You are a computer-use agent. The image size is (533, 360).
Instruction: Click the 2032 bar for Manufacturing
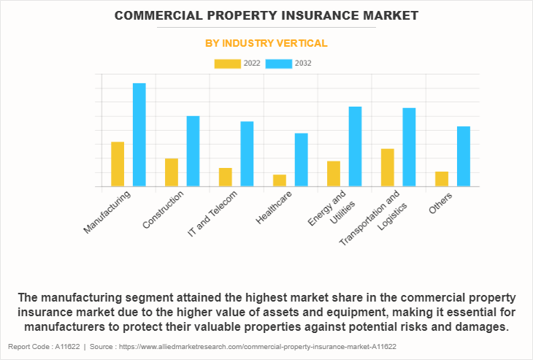[x=139, y=135]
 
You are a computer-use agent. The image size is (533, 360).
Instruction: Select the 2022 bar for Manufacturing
[x=118, y=164]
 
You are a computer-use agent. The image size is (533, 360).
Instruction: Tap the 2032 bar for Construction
[x=193, y=151]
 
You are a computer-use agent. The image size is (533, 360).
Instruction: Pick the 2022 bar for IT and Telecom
[x=226, y=177]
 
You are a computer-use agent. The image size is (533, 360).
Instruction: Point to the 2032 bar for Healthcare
[x=302, y=160]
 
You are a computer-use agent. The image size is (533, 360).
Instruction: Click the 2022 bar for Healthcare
[x=280, y=180]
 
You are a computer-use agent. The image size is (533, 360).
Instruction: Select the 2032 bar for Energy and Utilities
[x=356, y=147]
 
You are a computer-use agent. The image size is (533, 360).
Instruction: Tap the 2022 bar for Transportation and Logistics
[x=388, y=168]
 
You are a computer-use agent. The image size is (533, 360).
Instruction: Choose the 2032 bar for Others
[x=464, y=156]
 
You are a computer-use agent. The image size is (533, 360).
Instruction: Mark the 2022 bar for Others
[x=442, y=179]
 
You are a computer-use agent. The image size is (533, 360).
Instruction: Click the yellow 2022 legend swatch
[x=228, y=64]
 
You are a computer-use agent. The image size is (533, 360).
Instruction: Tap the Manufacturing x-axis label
[x=108, y=212]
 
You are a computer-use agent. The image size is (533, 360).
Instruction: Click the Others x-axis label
[x=441, y=202]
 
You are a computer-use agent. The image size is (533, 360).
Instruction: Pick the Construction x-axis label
[x=164, y=210]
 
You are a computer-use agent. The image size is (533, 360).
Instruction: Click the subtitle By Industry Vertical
[x=266, y=44]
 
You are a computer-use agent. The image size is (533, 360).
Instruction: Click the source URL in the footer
[x=274, y=346]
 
